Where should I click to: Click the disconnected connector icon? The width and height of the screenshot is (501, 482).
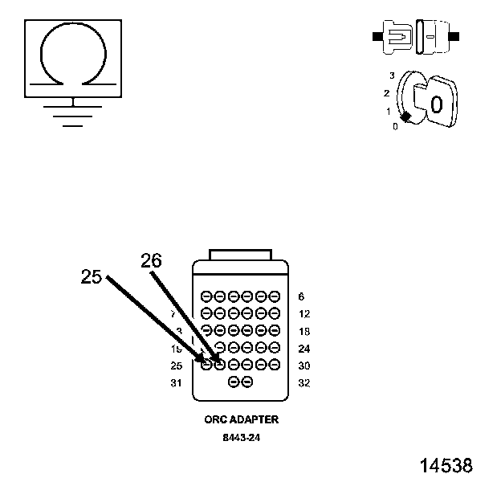click(x=416, y=37)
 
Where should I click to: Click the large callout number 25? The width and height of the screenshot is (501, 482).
click(x=92, y=276)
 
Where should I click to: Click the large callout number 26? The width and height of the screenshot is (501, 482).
click(x=151, y=260)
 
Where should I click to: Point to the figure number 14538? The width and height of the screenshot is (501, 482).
click(x=446, y=466)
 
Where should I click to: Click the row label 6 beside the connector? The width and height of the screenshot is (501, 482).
click(x=300, y=296)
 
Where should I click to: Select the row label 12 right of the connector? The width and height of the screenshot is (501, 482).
click(x=303, y=314)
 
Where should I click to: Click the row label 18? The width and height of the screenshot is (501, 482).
click(x=303, y=331)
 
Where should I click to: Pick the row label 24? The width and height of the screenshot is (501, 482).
click(x=303, y=349)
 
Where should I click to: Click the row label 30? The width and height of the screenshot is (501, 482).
click(x=303, y=366)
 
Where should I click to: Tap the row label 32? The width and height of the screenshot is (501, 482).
click(x=303, y=382)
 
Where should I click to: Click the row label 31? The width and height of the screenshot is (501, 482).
click(x=177, y=382)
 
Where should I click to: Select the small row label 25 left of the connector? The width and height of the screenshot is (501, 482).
click(x=177, y=366)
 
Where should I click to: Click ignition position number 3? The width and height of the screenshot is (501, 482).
click(x=392, y=76)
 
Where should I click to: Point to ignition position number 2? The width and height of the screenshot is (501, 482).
click(x=386, y=93)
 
